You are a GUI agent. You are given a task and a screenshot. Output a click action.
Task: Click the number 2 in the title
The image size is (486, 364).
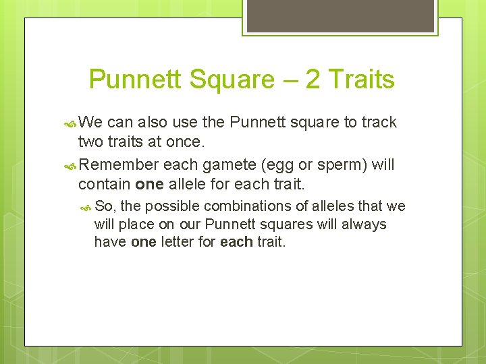(313, 80)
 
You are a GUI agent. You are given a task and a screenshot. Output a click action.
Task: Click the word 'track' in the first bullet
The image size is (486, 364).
(379, 123)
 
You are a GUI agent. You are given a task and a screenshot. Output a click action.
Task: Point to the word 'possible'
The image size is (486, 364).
(173, 206)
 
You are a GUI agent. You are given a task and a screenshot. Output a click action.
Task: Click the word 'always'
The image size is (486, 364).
(364, 224)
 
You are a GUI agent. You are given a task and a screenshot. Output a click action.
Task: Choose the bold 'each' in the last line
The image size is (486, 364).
(236, 242)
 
